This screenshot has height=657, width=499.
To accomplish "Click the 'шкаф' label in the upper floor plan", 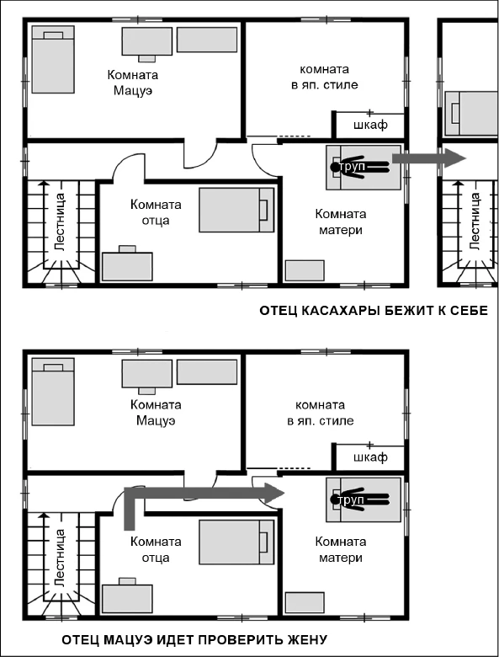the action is click(x=370, y=125).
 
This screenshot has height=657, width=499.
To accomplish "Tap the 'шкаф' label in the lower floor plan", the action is click(x=370, y=457).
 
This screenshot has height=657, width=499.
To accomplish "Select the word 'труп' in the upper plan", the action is click(x=353, y=167).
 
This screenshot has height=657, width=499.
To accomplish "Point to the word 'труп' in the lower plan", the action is click(x=351, y=499).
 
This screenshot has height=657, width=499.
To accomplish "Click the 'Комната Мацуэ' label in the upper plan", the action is click(x=133, y=83).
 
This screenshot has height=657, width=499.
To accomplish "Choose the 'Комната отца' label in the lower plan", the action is click(x=156, y=549).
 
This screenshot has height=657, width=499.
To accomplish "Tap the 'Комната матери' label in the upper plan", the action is click(x=341, y=222).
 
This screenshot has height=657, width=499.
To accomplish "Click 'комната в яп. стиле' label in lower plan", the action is click(x=321, y=413).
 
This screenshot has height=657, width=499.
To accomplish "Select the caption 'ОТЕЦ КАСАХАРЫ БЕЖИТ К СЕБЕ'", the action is click(x=374, y=311).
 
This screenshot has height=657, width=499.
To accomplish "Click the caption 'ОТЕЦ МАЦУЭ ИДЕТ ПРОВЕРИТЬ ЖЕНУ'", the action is click(x=194, y=639).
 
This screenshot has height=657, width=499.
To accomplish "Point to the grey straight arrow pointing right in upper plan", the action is click(x=429, y=158).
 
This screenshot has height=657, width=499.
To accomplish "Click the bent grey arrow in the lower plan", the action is click(x=184, y=493).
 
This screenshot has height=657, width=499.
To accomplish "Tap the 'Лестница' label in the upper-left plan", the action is click(x=60, y=222).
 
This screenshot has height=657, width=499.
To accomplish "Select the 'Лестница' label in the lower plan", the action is click(x=60, y=558).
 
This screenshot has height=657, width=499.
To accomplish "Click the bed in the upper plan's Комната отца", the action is click(x=236, y=210).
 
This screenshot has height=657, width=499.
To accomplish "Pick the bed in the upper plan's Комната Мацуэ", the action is click(x=54, y=59).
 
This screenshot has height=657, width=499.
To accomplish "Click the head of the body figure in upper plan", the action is click(x=335, y=167).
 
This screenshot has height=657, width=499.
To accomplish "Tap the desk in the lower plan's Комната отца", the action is click(x=127, y=597).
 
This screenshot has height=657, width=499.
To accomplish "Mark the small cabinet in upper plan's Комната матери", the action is click(x=305, y=270).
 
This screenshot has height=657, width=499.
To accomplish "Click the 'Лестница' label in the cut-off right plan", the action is click(x=475, y=222).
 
